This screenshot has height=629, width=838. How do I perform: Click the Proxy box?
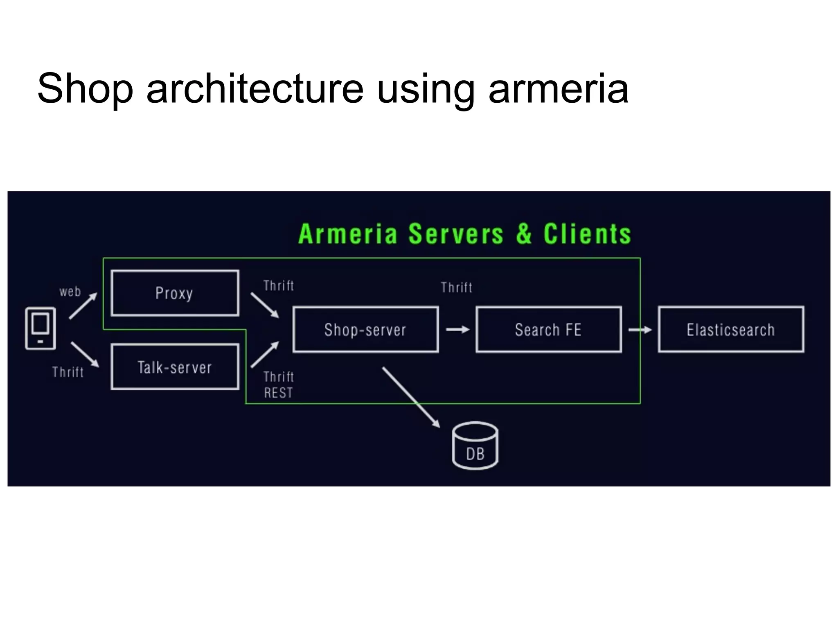click(175, 293)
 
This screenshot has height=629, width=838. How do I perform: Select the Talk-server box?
click(175, 367)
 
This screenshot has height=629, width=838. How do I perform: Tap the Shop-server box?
click(365, 329)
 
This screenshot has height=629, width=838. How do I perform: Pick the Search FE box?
click(548, 329)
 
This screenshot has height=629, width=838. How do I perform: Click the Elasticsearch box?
click(731, 329)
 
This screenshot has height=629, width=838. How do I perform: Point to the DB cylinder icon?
click(475, 446)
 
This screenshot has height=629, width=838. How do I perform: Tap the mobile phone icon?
click(41, 328)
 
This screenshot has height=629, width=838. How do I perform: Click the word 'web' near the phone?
click(70, 292)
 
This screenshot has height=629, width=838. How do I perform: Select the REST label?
click(278, 393)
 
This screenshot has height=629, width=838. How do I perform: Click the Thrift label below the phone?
click(68, 372)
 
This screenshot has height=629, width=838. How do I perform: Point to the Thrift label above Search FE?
click(457, 287)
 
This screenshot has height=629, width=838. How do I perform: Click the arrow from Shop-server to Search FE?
click(457, 329)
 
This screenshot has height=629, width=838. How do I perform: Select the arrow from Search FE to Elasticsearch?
click(640, 330)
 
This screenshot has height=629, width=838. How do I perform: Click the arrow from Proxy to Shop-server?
click(265, 305)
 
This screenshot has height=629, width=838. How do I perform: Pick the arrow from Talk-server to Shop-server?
click(265, 354)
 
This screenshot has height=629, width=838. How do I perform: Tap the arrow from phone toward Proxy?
click(83, 305)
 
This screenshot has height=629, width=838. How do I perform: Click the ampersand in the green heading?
click(524, 234)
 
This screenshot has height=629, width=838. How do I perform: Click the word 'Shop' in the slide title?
click(85, 89)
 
